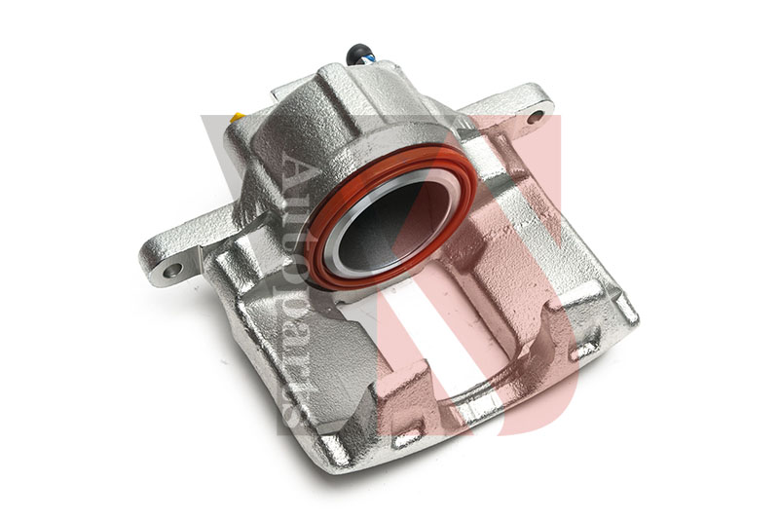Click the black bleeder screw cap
click(x=359, y=52)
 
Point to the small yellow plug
click(x=237, y=118)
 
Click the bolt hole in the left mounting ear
click(x=172, y=270)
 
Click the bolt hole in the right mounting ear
click(x=535, y=117)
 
